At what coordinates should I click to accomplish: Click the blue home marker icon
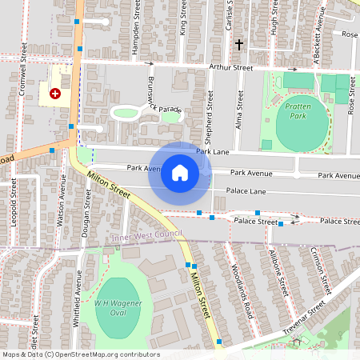179,173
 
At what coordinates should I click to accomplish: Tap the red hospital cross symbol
55,94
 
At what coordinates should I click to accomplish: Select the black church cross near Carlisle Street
238,46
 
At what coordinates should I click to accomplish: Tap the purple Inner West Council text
147,234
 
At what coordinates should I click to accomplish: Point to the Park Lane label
214,151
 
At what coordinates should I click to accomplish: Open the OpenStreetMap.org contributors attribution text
103,354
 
